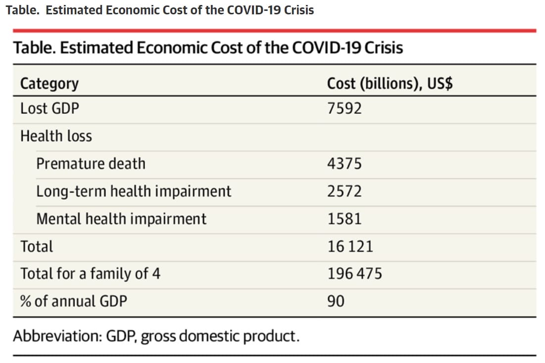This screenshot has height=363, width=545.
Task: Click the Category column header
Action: point(49,84)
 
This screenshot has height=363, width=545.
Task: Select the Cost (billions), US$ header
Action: point(390,84)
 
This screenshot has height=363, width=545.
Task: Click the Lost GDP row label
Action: point(50,108)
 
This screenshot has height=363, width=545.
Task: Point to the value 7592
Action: point(345,108)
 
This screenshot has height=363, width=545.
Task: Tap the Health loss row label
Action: point(56,136)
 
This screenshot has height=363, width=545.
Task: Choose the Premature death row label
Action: point(91,163)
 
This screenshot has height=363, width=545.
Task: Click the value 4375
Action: point(345,163)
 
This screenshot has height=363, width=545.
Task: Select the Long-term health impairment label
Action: point(134,191)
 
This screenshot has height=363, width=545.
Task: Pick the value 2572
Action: point(345,191)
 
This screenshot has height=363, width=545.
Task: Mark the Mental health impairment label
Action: point(121,219)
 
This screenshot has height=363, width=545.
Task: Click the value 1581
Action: point(345,219)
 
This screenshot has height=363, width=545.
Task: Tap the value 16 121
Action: point(350,246)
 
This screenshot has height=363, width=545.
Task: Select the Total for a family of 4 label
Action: point(90,274)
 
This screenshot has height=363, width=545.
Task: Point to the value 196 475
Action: point(354,274)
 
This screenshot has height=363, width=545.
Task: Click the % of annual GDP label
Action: point(73,301)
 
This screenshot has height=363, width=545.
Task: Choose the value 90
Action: point(336,301)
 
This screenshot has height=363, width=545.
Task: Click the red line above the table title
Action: point(274,31)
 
